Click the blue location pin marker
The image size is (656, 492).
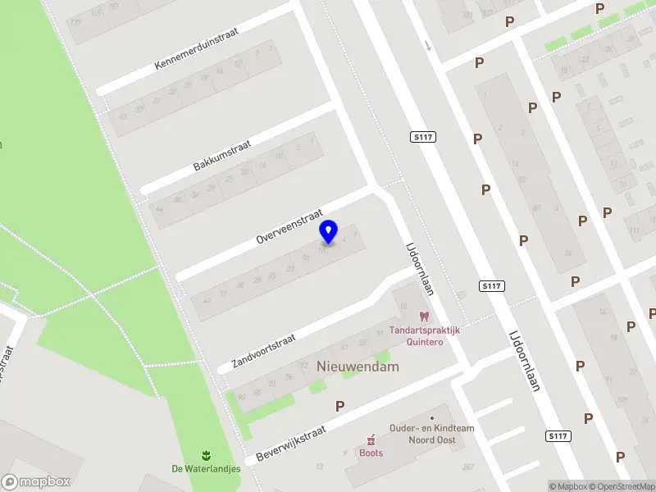(x=329, y=232)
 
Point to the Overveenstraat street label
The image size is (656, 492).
(x=289, y=224)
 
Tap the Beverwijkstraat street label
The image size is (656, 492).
(x=291, y=444)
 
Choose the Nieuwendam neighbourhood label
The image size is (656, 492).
(x=358, y=367)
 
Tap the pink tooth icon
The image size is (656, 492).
(x=424, y=316)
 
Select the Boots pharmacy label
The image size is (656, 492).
(x=371, y=453)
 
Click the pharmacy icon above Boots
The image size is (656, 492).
(x=371, y=440)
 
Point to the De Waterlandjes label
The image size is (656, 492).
(x=206, y=469)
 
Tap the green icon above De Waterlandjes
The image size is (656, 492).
(x=206, y=455)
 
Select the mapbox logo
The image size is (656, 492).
(x=35, y=482)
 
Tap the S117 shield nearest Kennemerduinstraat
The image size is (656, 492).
(x=421, y=137)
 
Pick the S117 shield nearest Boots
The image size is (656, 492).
(x=558, y=435)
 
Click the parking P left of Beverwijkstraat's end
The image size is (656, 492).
(x=339, y=406)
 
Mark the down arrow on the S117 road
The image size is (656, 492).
(x=428, y=45)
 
